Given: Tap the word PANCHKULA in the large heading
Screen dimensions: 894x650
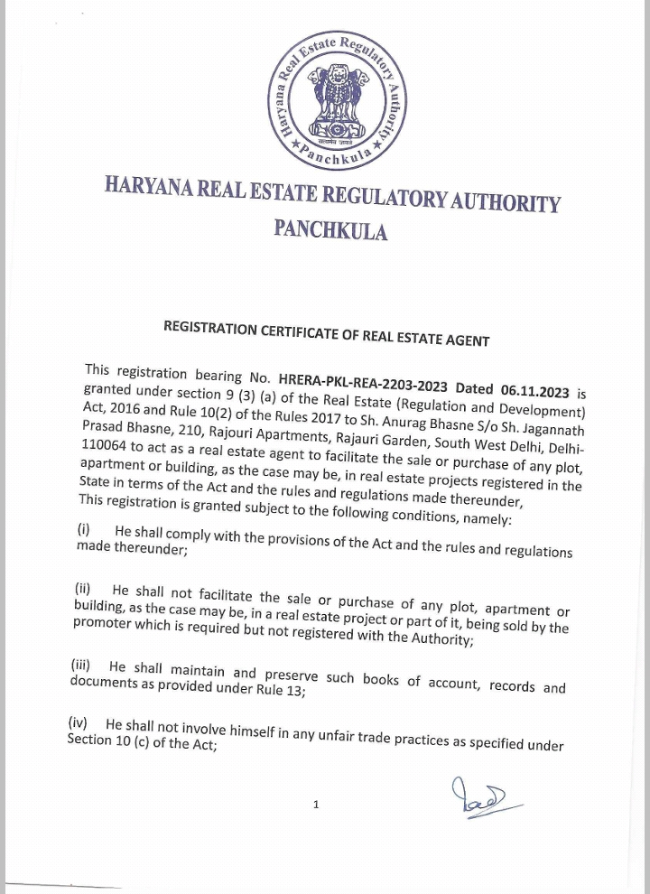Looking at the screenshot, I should click(330, 229).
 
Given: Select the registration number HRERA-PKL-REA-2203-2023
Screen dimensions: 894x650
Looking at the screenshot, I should click(363, 384).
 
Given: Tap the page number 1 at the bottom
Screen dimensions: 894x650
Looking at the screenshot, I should click(316, 804).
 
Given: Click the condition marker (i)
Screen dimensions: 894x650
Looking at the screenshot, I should click(84, 530).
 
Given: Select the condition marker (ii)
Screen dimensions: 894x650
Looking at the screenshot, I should click(82, 589).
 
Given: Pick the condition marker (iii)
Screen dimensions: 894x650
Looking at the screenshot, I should click(80, 665).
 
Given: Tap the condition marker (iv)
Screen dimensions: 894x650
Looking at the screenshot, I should click(78, 723).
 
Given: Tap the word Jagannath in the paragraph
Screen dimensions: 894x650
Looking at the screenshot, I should click(553, 431).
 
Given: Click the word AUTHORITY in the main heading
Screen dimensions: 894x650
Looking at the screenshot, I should click(506, 202).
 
